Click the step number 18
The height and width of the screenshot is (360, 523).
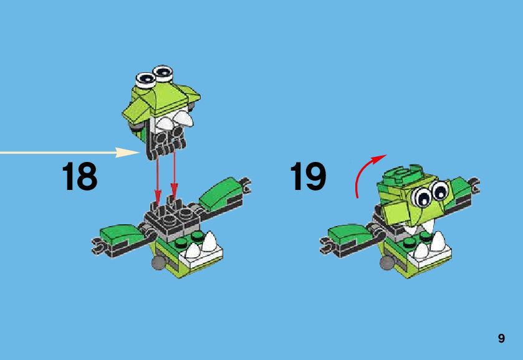pos(80,176)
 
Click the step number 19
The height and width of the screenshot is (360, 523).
pos(308,176)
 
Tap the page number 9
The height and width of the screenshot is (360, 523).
pos(501,338)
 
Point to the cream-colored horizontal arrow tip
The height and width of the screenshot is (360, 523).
pos(138,153)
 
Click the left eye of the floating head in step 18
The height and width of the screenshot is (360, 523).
pos(146,80)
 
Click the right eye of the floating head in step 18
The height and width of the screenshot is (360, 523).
pos(163,72)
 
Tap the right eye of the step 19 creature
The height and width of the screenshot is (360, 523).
pos(441,191)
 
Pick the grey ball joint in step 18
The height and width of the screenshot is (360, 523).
pos(158,263)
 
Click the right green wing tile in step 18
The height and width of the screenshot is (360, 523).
pos(219,193)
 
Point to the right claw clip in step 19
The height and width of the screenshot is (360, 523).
pos(475,185)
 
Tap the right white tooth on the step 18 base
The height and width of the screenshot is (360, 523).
pos(209,241)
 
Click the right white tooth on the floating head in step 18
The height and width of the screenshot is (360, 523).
pos(183,119)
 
